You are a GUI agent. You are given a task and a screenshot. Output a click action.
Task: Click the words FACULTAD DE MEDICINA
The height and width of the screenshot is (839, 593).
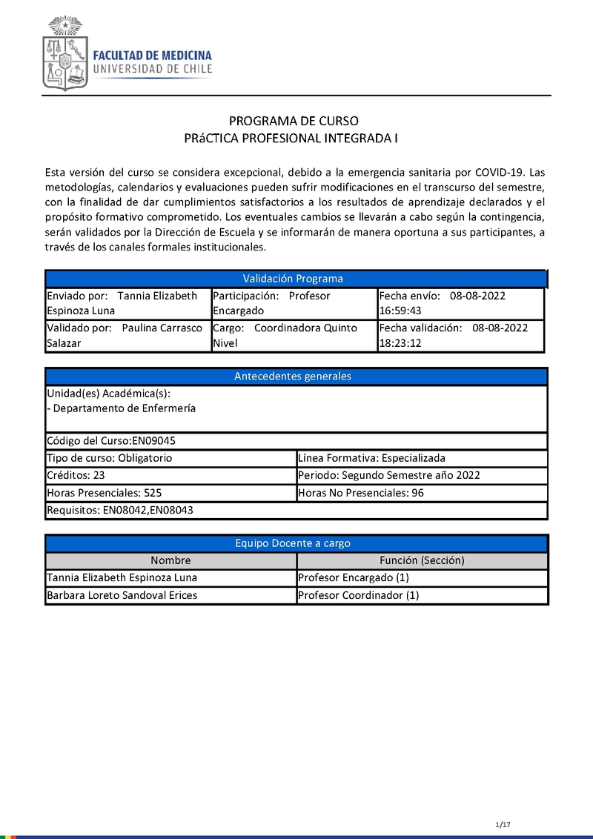[x=152, y=56]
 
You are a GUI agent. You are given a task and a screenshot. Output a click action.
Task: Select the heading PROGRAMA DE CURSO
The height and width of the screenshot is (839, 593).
[x=294, y=121]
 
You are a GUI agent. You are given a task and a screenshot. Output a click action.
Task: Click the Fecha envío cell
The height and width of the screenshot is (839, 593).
[x=460, y=303]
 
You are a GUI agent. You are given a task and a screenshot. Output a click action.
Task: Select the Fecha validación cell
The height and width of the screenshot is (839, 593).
[x=460, y=336]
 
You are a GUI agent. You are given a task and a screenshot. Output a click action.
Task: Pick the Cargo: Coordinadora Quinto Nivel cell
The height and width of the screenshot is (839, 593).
[x=294, y=336]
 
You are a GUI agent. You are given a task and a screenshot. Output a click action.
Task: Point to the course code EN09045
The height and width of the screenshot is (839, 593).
[x=153, y=440]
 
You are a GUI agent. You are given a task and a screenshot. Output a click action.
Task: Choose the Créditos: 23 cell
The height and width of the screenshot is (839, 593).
[x=170, y=476]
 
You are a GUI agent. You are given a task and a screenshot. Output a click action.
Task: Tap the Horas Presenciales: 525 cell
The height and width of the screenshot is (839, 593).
[x=170, y=493]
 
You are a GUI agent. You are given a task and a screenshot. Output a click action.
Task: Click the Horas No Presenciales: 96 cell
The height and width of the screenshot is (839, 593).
[x=421, y=493]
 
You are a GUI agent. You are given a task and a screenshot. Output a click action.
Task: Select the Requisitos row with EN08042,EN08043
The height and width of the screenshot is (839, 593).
[x=296, y=511]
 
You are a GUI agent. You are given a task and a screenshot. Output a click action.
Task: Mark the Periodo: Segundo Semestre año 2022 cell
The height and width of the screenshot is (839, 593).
[x=421, y=476]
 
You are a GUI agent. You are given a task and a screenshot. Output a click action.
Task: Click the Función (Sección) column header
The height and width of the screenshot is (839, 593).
[x=422, y=561]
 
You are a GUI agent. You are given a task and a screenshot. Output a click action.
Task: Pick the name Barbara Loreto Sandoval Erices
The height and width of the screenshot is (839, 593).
[x=122, y=595]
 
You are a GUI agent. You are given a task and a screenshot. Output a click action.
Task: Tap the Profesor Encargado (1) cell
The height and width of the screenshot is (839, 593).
[x=422, y=578]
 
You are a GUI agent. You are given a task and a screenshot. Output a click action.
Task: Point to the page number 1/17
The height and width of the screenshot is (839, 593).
[x=503, y=825]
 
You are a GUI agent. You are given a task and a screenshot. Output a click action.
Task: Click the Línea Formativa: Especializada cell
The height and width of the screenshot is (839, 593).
[x=421, y=458]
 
